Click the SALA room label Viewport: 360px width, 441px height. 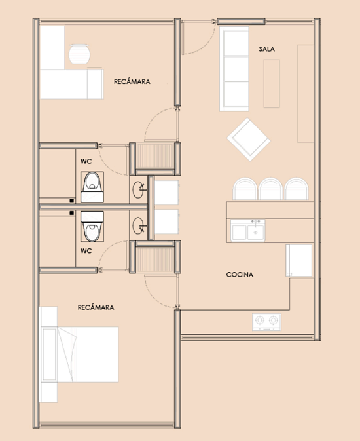[x=266, y=49]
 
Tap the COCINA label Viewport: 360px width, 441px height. [x=240, y=275]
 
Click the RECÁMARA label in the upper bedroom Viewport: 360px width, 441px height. [x=132, y=81]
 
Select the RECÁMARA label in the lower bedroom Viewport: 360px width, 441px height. [x=96, y=307]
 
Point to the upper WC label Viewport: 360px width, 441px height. [x=86, y=161]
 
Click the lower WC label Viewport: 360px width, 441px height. [x=86, y=250]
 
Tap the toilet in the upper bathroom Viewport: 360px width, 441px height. [x=92, y=187]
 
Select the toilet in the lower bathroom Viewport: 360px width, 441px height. [x=92, y=227]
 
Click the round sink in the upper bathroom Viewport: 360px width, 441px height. [x=139, y=190]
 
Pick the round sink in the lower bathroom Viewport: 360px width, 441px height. [x=139, y=225]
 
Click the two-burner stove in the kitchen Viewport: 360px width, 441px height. [x=266, y=322]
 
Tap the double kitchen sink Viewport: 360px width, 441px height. [x=247, y=231]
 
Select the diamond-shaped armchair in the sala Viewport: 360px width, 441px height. [x=249, y=140]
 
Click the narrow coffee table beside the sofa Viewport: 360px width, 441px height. [x=272, y=83]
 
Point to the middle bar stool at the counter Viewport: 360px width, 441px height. [x=270, y=189]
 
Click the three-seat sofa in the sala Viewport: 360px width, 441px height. [x=234, y=69]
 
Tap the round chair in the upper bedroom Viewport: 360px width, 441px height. [x=80, y=54]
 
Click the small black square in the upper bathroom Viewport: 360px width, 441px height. [x=72, y=201]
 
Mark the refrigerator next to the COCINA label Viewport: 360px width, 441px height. [x=299, y=260]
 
